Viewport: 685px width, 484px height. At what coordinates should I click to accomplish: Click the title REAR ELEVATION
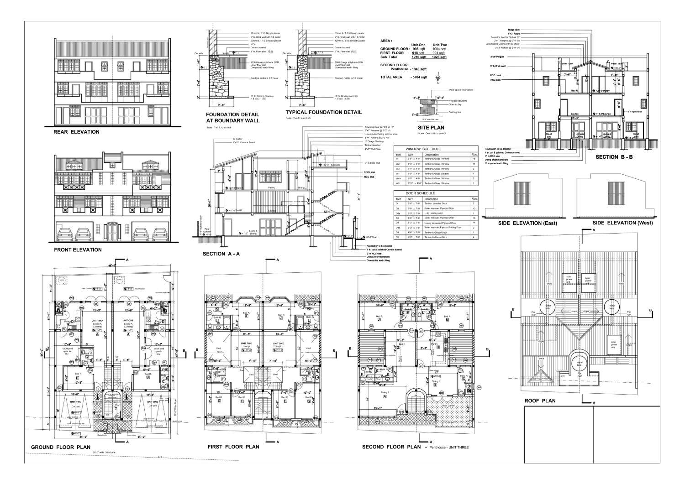click(x=76, y=132)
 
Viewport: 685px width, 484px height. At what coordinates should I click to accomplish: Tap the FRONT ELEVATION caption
click(x=78, y=250)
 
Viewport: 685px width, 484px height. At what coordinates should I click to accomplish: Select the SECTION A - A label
click(x=220, y=254)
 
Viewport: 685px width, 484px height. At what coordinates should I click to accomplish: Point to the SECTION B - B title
click(x=614, y=157)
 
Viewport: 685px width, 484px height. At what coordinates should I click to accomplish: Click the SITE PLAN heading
click(x=432, y=128)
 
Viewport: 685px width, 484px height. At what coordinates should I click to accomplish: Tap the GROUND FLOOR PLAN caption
click(x=60, y=447)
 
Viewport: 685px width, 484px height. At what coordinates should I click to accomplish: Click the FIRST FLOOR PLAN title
click(x=233, y=447)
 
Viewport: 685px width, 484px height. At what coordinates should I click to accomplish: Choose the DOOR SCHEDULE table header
click(x=422, y=193)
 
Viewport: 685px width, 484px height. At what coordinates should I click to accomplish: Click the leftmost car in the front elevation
click(x=65, y=234)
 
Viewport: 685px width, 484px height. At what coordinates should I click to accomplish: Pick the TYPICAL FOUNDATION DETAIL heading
click(x=323, y=112)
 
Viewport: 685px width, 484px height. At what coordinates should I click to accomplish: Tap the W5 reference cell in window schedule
click(x=398, y=183)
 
